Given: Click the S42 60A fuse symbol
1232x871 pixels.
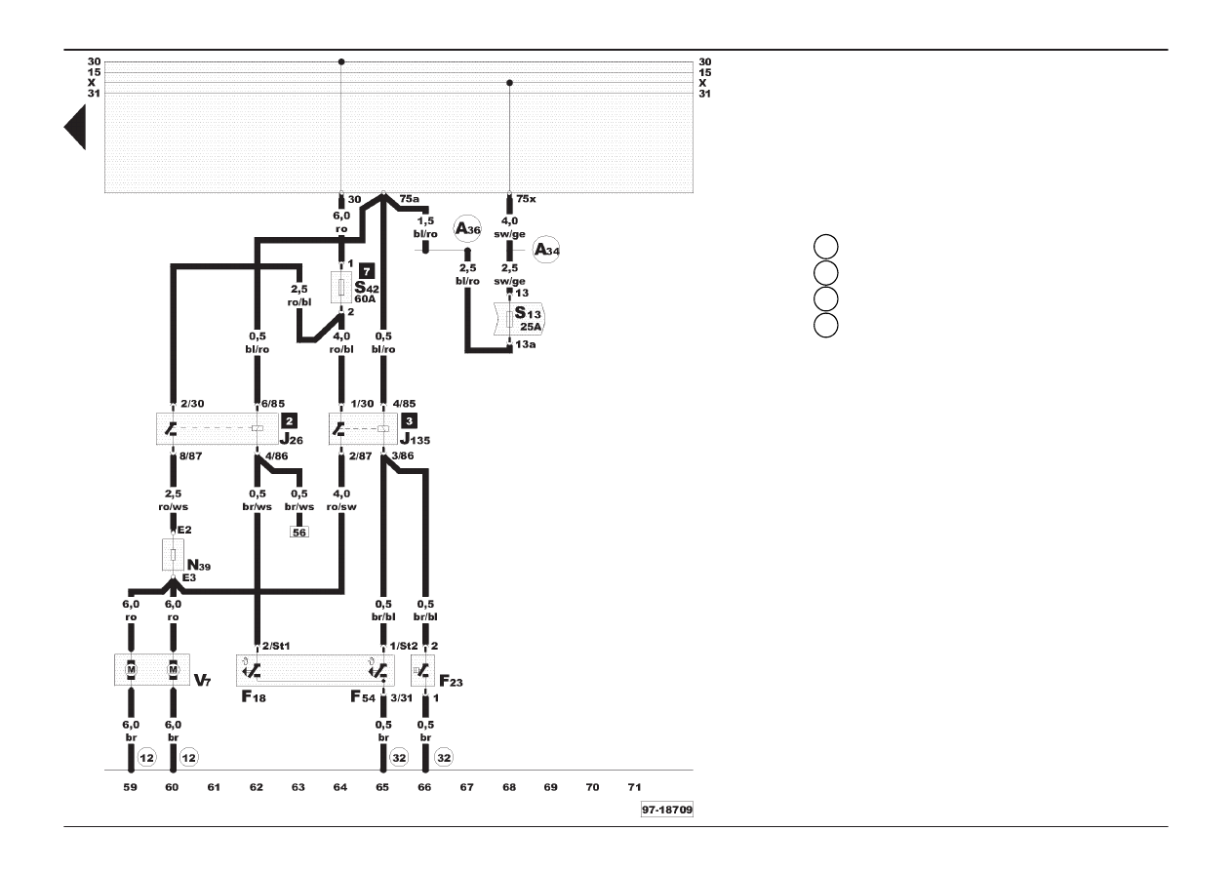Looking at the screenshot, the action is [x=341, y=287].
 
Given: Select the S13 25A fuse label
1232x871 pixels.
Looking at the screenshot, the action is [x=528, y=320].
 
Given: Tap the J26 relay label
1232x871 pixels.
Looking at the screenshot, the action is [x=292, y=439].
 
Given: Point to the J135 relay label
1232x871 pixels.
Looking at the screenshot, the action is [x=416, y=439].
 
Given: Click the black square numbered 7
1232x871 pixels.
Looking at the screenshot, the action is [x=367, y=270].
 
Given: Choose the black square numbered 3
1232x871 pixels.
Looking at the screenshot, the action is [x=409, y=421].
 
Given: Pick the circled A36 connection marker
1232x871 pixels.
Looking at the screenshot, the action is [x=467, y=228].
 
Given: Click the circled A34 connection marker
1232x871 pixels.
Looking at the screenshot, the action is [x=546, y=251].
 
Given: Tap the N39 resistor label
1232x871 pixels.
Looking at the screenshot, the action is [x=199, y=565].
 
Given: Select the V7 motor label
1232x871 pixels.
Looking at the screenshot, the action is [x=202, y=680].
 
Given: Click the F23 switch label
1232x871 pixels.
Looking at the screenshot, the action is [x=451, y=682].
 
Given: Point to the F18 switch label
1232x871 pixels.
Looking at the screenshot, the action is [x=254, y=696].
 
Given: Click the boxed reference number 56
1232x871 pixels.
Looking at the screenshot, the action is [x=299, y=533].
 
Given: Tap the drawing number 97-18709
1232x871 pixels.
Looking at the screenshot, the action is [x=667, y=810].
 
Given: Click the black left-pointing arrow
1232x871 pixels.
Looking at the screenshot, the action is [x=75, y=127].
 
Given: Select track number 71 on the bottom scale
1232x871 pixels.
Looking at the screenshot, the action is [x=635, y=787].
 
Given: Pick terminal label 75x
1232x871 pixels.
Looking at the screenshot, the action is [x=526, y=199].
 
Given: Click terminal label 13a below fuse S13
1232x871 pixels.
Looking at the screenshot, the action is [x=525, y=344].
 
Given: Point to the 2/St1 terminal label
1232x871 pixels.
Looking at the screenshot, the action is [x=275, y=646].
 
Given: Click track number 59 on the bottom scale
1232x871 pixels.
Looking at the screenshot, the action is [x=131, y=787].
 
